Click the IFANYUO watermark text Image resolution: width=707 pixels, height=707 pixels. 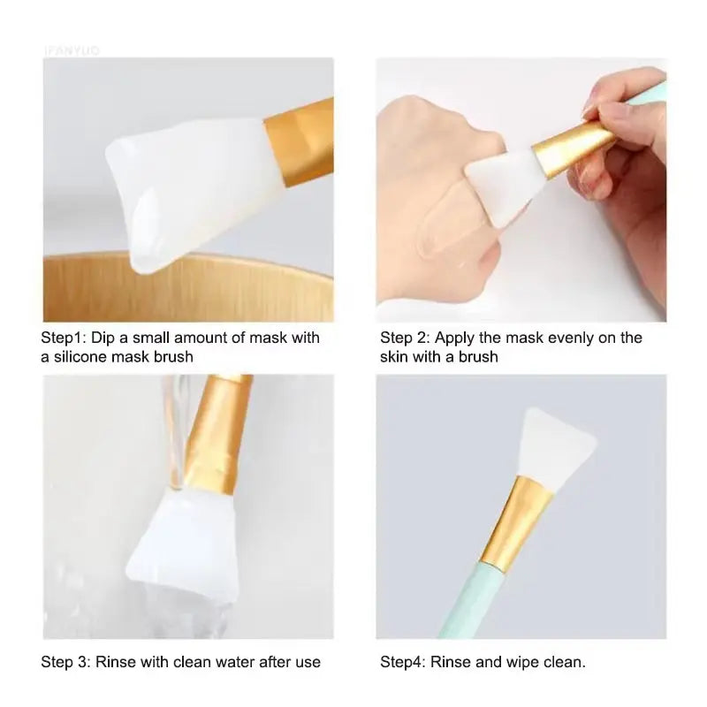coord(72,49)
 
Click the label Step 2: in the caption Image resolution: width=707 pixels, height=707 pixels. coord(404,338)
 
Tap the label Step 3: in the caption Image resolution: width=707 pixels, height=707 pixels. coord(65,661)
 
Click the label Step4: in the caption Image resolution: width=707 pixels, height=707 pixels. coord(402,661)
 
